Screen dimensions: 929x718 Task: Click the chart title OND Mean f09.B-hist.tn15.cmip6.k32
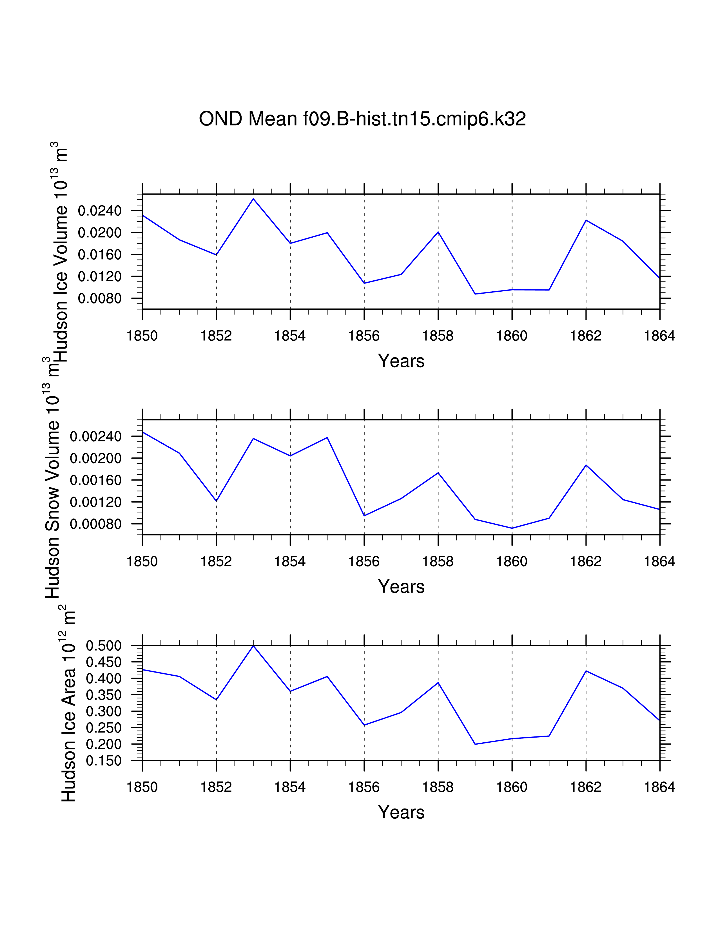click(x=362, y=119)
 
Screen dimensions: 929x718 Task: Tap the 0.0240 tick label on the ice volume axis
click(x=99, y=211)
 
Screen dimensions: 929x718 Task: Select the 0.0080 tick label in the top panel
click(x=99, y=299)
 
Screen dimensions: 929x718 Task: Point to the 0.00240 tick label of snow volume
click(x=96, y=436)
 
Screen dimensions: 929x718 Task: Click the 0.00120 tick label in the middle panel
click(x=96, y=502)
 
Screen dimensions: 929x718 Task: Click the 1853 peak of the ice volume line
click(x=253, y=199)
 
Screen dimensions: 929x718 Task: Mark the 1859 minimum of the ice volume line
click(x=475, y=294)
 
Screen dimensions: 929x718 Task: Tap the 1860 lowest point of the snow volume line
click(x=512, y=528)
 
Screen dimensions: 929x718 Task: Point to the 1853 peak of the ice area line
click(x=253, y=646)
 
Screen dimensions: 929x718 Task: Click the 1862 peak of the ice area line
click(x=586, y=671)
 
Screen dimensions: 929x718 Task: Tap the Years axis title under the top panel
click(x=401, y=361)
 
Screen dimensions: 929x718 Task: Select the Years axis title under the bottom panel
click(x=401, y=812)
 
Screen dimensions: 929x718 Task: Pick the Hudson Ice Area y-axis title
click(x=68, y=706)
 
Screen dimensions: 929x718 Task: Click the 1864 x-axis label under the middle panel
click(x=659, y=562)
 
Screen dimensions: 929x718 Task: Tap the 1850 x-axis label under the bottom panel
click(x=142, y=787)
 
